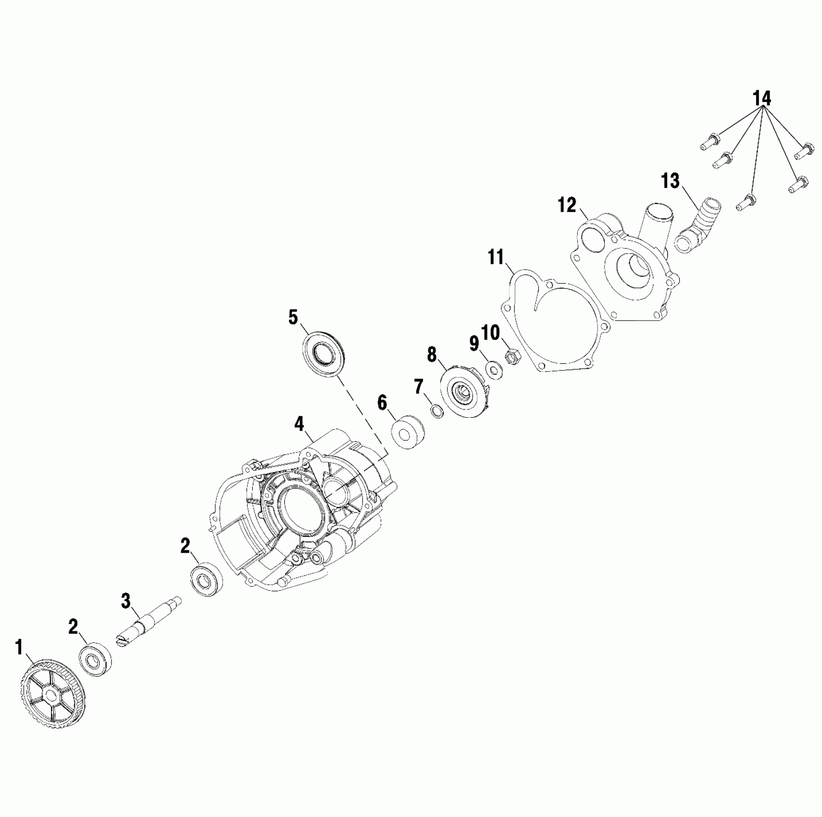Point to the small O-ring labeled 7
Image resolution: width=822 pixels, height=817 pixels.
tap(436, 411)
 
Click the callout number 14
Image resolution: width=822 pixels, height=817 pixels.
tap(762, 99)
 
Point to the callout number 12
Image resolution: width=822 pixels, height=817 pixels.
tap(567, 205)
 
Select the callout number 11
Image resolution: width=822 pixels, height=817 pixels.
tap(496, 257)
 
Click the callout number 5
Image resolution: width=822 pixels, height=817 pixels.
tap(293, 318)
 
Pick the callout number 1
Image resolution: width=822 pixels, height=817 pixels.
tap(19, 647)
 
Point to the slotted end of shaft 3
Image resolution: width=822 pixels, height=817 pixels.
tap(123, 641)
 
